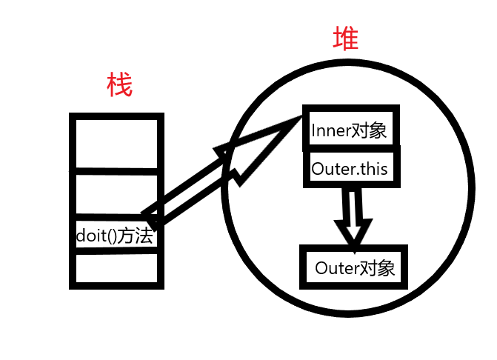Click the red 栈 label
coord(119,86)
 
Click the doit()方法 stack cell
coord(116,236)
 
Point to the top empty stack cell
coord(116,143)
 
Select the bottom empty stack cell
coord(116,269)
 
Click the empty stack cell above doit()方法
coord(116,196)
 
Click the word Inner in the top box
coord(328,130)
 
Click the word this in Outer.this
coord(373,169)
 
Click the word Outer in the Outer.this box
coord(332,169)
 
